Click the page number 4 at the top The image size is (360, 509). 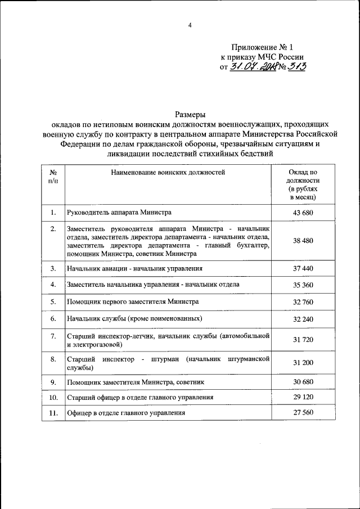pyautogui.click(x=190, y=25)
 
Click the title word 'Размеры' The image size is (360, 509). pyautogui.click(x=190, y=114)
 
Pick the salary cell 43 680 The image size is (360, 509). pyautogui.click(x=303, y=213)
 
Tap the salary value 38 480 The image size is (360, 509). pyautogui.click(x=303, y=241)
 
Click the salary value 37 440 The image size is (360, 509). pyautogui.click(x=303, y=269)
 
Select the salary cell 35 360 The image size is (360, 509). pyautogui.click(x=303, y=285)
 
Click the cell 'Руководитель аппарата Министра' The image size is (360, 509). pyautogui.click(x=119, y=213)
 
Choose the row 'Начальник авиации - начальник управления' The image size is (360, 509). pyautogui.click(x=134, y=269)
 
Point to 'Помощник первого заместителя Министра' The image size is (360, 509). pyautogui.click(x=132, y=301)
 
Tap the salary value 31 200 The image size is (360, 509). pyautogui.click(x=303, y=363)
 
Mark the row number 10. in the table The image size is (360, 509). pyautogui.click(x=53, y=398)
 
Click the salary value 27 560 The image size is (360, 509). pyautogui.click(x=303, y=413)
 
